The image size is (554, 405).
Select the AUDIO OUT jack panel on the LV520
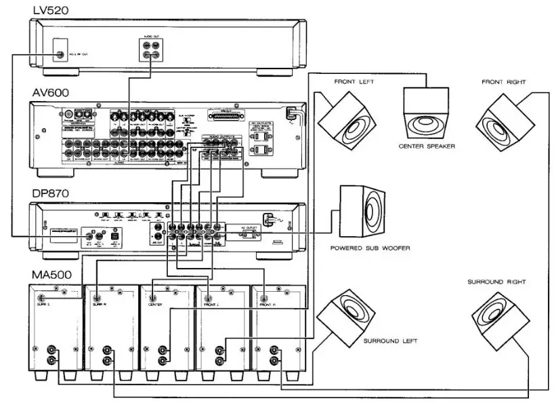(x=150, y=50)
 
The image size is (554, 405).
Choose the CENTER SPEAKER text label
(x=427, y=145)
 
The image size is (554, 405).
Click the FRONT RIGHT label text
(x=505, y=82)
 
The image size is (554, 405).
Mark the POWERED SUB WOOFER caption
(x=370, y=248)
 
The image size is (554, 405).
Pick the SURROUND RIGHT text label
(x=496, y=281)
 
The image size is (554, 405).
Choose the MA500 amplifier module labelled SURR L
(x=54, y=326)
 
